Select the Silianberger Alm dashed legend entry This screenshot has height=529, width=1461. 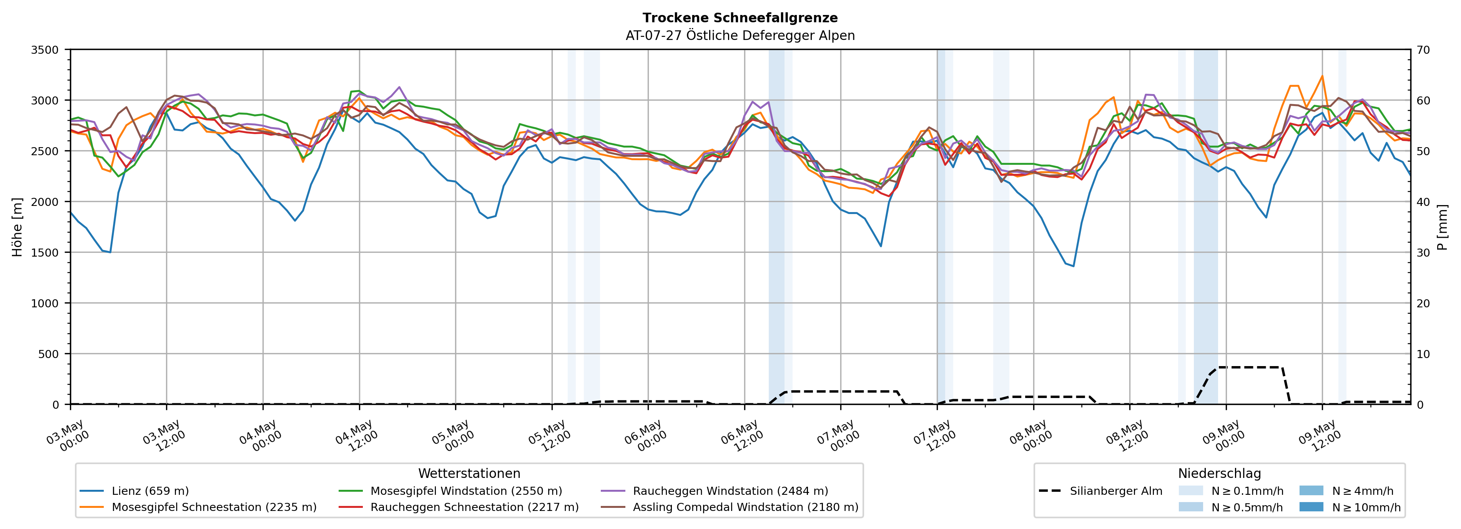(x=1100, y=491)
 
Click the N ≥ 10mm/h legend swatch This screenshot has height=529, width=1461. (x=1311, y=507)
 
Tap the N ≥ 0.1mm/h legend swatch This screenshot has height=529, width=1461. (x=1190, y=491)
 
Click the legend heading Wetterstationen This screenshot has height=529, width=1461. (x=469, y=473)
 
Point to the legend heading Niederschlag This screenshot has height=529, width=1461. (x=1219, y=473)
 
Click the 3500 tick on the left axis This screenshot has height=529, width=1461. (x=45, y=50)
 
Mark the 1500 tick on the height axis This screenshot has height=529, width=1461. (x=45, y=253)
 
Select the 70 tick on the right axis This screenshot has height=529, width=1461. (x=1424, y=50)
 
